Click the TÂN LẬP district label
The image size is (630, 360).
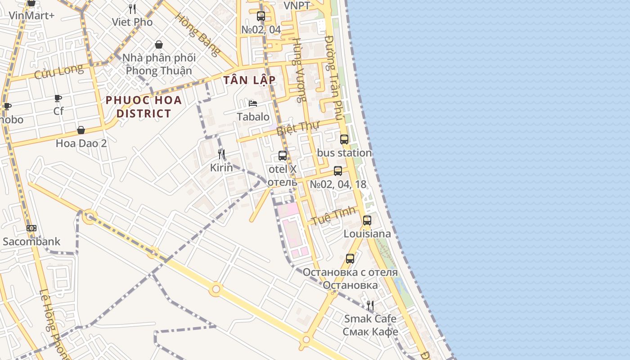pos(249,80)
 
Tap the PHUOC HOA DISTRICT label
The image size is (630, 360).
pos(144,107)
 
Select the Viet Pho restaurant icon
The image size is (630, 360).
pos(132,9)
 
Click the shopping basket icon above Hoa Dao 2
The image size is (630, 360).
pos(81,130)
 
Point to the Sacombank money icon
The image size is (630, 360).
pos(31,228)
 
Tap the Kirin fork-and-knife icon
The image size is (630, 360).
pos(221,154)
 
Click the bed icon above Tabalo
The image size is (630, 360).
pos(253,103)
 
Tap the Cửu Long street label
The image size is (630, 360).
pos(59,72)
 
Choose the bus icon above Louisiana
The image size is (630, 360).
pos(367,220)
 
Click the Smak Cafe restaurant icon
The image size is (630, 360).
pos(370,306)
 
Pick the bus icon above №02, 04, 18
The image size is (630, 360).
pos(338,171)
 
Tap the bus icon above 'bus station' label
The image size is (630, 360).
pos(344,139)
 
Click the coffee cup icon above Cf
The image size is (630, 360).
pos(58,98)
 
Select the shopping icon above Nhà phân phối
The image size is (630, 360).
pos(159,45)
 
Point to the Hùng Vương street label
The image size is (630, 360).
pos(299,70)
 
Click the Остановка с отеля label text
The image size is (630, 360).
pos(350,272)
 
